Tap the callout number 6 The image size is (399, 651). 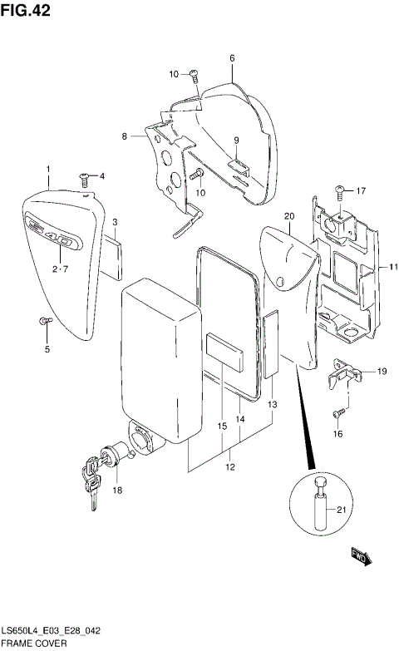pyautogui.click(x=232, y=58)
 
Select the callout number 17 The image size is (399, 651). pyautogui.click(x=361, y=190)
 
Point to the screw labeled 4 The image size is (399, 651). pyautogui.click(x=85, y=176)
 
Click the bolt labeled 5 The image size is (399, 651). pyautogui.click(x=47, y=320)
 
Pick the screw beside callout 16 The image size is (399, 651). pyautogui.click(x=339, y=412)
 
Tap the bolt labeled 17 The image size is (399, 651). pyautogui.click(x=340, y=191)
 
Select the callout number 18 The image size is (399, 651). pyautogui.click(x=117, y=491)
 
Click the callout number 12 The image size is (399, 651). pyautogui.click(x=230, y=466)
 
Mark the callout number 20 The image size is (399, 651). pyautogui.click(x=289, y=217)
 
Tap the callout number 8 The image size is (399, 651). pyautogui.click(x=125, y=136)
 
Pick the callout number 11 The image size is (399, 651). pyautogui.click(x=394, y=267)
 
